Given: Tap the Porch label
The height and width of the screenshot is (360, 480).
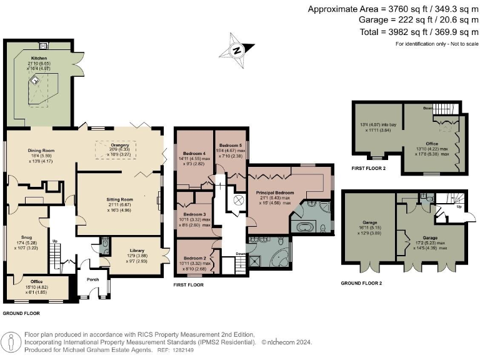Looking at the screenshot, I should pos(93,279).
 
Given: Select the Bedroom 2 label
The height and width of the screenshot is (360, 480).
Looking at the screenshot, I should pos(194,258).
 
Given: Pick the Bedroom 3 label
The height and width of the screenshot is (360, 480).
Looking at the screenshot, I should pos(194,214).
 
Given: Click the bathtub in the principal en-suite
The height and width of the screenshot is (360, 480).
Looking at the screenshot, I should pos(306,226).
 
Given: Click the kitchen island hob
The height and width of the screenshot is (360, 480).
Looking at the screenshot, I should pos(36,80).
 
